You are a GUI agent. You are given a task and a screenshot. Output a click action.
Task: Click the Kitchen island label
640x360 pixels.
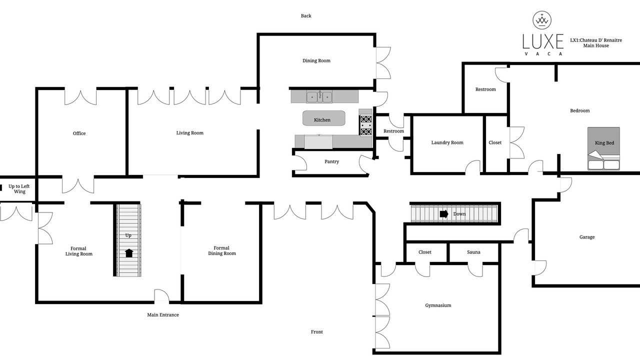tap(322, 120)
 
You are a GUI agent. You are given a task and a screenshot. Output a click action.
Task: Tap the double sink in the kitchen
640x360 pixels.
tap(319, 97)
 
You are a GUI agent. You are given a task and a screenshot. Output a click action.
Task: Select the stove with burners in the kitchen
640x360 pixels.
tap(366, 125)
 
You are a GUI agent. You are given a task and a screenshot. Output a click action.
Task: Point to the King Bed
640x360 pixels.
tap(603, 148)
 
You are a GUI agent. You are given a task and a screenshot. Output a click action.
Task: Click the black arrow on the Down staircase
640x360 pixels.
tap(444, 213)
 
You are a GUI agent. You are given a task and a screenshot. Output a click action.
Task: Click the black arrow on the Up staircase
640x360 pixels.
tap(129, 253)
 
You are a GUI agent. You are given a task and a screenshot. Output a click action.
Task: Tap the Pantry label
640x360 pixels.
tap(331, 161)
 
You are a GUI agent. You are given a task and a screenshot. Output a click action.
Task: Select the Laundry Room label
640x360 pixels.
tap(447, 142)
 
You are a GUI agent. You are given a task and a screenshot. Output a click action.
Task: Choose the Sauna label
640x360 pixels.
tap(473, 252)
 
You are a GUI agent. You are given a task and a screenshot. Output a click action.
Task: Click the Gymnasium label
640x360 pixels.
tap(438, 305)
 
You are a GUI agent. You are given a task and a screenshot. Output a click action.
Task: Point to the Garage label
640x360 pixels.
tap(587, 237)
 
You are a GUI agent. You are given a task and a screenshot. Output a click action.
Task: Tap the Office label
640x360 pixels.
tap(79, 133)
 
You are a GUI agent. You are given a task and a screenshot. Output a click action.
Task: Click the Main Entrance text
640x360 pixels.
tap(163, 315)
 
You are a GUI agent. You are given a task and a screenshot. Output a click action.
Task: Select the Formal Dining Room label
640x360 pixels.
tap(222, 250)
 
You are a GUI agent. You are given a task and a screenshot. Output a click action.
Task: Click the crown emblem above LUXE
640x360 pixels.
tap(542, 20)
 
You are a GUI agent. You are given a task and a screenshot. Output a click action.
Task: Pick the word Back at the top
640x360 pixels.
tap(306, 16)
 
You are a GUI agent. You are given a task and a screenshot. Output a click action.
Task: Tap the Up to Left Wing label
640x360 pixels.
tap(19, 189)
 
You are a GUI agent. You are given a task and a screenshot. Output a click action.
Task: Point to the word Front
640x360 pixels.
tap(317, 332)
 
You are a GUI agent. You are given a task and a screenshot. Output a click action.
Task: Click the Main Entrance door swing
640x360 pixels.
tap(161, 295)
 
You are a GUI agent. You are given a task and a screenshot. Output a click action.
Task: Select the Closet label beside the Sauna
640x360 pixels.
tap(425, 252)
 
